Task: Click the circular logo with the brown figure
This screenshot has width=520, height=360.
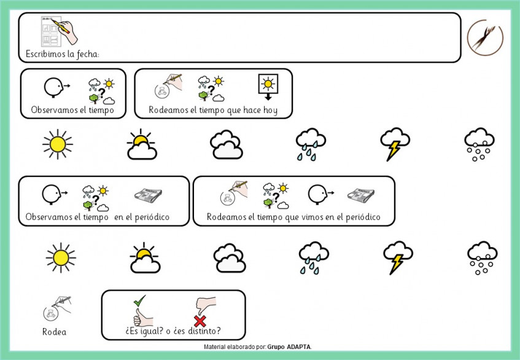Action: pos(485,37)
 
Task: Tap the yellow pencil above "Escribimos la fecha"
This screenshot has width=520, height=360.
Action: pos(60,26)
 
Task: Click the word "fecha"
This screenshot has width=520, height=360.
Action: pos(88,53)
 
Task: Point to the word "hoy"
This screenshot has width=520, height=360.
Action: pos(271,110)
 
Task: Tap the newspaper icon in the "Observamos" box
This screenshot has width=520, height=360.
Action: pos(148,195)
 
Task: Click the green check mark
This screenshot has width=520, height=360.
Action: pos(139,300)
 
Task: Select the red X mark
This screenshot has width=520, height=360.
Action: pos(200,321)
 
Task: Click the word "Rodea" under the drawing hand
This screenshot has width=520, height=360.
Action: pos(55,332)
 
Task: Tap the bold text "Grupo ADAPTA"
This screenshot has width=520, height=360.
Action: pos(290,347)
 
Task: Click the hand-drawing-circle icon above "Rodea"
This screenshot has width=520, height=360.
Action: pos(57,308)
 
